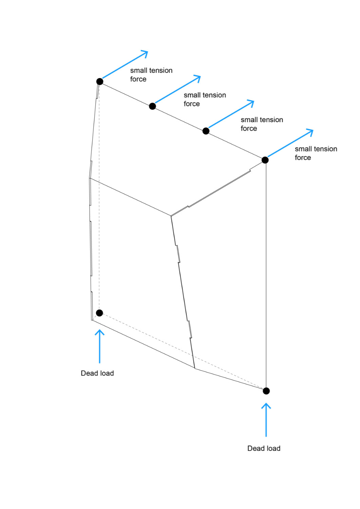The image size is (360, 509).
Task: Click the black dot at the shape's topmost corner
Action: pyautogui.click(x=99, y=81)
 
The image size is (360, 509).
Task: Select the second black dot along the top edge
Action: pyautogui.click(x=152, y=106)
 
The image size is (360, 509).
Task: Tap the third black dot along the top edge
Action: pyautogui.click(x=206, y=131)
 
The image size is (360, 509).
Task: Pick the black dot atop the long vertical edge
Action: pyautogui.click(x=265, y=160)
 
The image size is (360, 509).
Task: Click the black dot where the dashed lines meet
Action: pyautogui.click(x=99, y=313)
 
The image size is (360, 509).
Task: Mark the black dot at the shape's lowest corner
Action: pyautogui.click(x=266, y=391)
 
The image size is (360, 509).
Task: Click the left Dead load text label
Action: pyautogui.click(x=97, y=373)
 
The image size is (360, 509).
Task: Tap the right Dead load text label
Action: pyautogui.click(x=264, y=448)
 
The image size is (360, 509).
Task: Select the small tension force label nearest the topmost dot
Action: pyautogui.click(x=151, y=75)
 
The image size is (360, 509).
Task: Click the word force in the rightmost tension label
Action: pyautogui.click(x=303, y=157)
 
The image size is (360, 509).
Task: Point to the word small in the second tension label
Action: pyautogui.click(x=192, y=95)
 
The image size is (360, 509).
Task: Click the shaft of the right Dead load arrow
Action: pyautogui.click(x=266, y=420)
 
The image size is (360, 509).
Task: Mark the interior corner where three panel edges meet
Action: pyautogui.click(x=171, y=215)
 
